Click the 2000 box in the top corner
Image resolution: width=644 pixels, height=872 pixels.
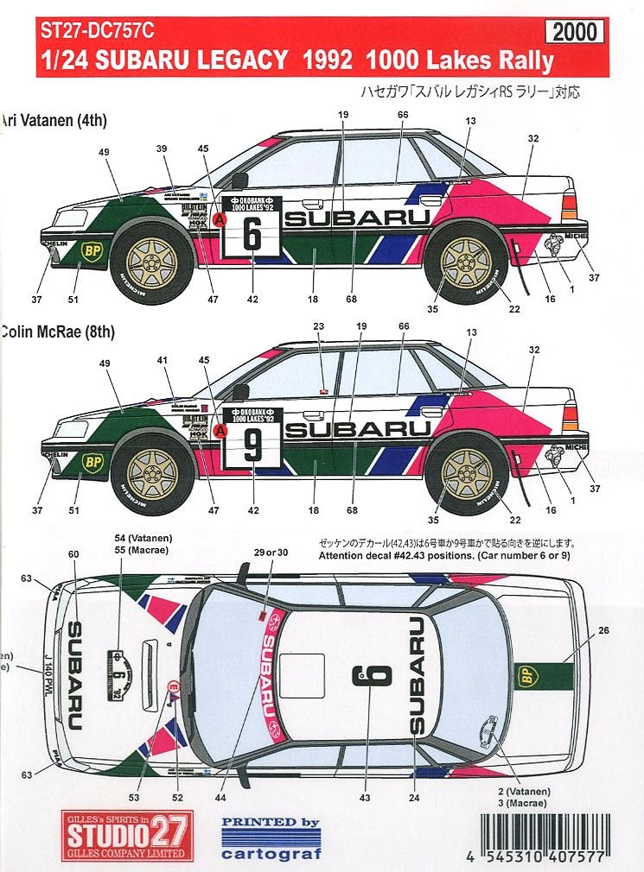click(x=575, y=32)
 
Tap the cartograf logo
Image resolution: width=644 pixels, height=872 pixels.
click(x=271, y=837)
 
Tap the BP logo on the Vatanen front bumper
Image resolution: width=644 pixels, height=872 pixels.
click(x=90, y=250)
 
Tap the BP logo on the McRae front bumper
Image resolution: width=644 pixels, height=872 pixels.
click(x=92, y=463)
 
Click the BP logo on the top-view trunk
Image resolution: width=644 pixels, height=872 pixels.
click(x=526, y=675)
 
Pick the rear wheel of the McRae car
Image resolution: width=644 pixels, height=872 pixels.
click(x=468, y=473)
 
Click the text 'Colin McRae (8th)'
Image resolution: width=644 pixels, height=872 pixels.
click(x=57, y=330)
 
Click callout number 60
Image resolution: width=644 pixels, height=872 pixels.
click(x=73, y=554)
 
